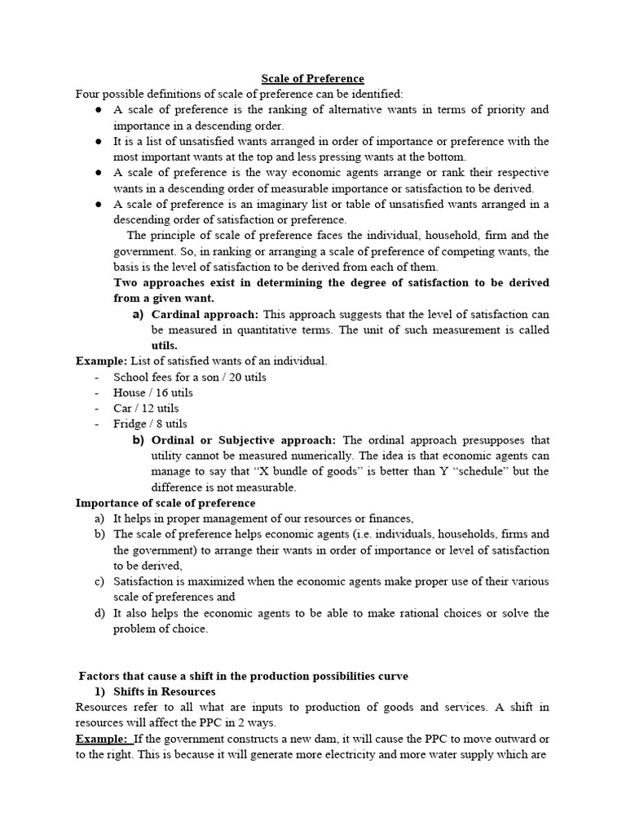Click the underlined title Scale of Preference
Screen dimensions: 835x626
(x=312, y=78)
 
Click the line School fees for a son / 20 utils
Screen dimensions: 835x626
(x=190, y=377)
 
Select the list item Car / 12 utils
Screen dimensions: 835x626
(x=146, y=408)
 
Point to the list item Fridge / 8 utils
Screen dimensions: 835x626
(x=150, y=424)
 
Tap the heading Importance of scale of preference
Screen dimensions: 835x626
(x=165, y=503)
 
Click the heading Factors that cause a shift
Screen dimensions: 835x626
(x=244, y=676)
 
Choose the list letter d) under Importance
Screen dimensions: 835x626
(x=99, y=613)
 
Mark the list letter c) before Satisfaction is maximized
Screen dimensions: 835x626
(x=99, y=581)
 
